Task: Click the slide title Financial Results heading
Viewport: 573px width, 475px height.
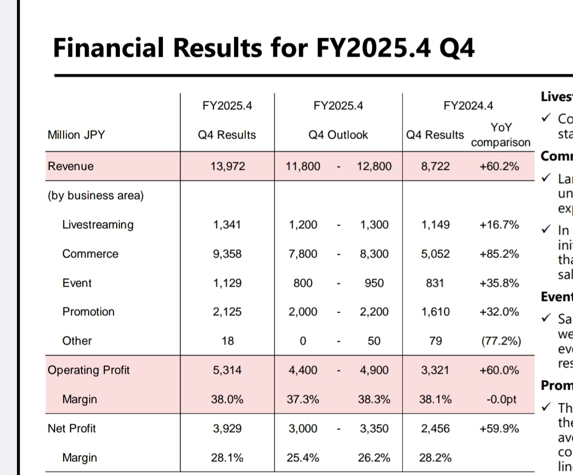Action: pos(264,48)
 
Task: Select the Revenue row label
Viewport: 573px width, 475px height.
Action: pos(71,166)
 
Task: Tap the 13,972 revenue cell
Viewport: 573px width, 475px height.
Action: pos(227,167)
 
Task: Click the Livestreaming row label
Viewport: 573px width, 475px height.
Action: pos(98,224)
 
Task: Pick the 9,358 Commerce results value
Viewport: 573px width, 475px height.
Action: pos(227,254)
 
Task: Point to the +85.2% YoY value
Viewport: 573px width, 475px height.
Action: pos(499,254)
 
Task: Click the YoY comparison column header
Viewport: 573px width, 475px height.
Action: pos(501,135)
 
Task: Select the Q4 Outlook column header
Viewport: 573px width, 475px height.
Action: pos(338,135)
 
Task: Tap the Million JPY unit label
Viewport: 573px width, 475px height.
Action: pos(76,135)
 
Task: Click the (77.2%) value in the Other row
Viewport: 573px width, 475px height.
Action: pos(500,341)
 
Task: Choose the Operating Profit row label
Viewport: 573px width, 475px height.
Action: pos(89,370)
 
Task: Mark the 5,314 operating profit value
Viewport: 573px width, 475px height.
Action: pos(227,370)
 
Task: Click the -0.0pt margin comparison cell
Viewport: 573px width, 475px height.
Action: pos(502,399)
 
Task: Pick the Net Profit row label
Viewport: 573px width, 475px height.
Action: pos(72,428)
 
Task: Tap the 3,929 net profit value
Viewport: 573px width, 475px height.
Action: pos(227,428)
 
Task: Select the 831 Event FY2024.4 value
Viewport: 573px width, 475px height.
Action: pos(435,283)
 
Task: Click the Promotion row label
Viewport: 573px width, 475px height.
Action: pos(88,312)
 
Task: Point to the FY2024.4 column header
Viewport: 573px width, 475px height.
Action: pos(468,106)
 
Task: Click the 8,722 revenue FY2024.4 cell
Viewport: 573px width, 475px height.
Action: pos(435,167)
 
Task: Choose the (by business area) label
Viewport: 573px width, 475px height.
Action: pos(95,195)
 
